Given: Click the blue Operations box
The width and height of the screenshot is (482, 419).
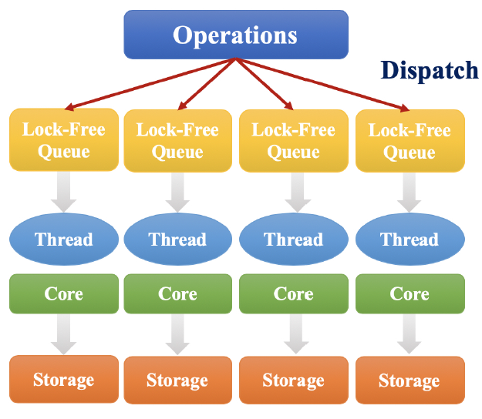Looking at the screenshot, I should pyautogui.click(x=235, y=35).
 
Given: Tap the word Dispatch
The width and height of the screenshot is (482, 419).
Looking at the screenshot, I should pyautogui.click(x=430, y=70).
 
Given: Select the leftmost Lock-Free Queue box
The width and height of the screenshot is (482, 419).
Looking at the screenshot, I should pyautogui.click(x=64, y=140).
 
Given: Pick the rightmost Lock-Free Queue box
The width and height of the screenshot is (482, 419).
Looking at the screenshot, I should pyautogui.click(x=410, y=140).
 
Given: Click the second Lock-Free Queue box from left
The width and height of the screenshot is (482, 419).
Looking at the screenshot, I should pyautogui.click(x=177, y=140).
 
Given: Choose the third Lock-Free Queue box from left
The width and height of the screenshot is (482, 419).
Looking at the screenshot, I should pyautogui.click(x=293, y=140).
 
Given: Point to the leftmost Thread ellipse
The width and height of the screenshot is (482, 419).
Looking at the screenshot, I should pyautogui.click(x=64, y=240).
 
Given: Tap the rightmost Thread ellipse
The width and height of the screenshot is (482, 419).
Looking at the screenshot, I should pyautogui.click(x=410, y=240).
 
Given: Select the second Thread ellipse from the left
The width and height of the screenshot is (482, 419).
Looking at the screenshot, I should pyautogui.click(x=177, y=240).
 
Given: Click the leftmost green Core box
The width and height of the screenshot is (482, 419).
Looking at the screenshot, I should pyautogui.click(x=64, y=293).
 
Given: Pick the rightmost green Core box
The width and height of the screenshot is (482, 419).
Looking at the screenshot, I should pyautogui.click(x=410, y=293).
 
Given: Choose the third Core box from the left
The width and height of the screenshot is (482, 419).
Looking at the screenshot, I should pyautogui.click(x=293, y=293).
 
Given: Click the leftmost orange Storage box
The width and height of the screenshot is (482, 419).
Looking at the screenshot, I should pyautogui.click(x=64, y=380).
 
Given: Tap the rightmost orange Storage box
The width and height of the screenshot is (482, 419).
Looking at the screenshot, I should pyautogui.click(x=410, y=380).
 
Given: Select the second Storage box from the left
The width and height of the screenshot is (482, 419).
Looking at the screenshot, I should pyautogui.click(x=177, y=380).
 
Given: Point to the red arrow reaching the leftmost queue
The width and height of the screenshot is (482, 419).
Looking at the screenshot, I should pyautogui.click(x=147, y=85).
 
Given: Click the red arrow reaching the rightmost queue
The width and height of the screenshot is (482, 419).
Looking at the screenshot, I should pyautogui.click(x=324, y=84).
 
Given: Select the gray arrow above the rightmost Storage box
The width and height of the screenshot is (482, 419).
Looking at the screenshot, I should pyautogui.click(x=410, y=334).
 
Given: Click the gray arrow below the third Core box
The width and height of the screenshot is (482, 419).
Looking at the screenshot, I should pyautogui.click(x=293, y=334).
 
